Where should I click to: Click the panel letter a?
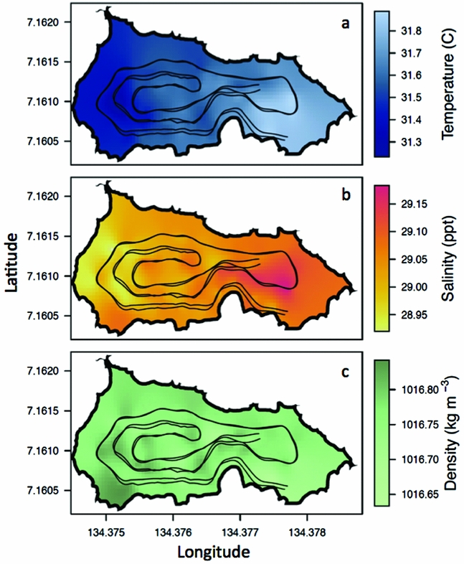[345, 24]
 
